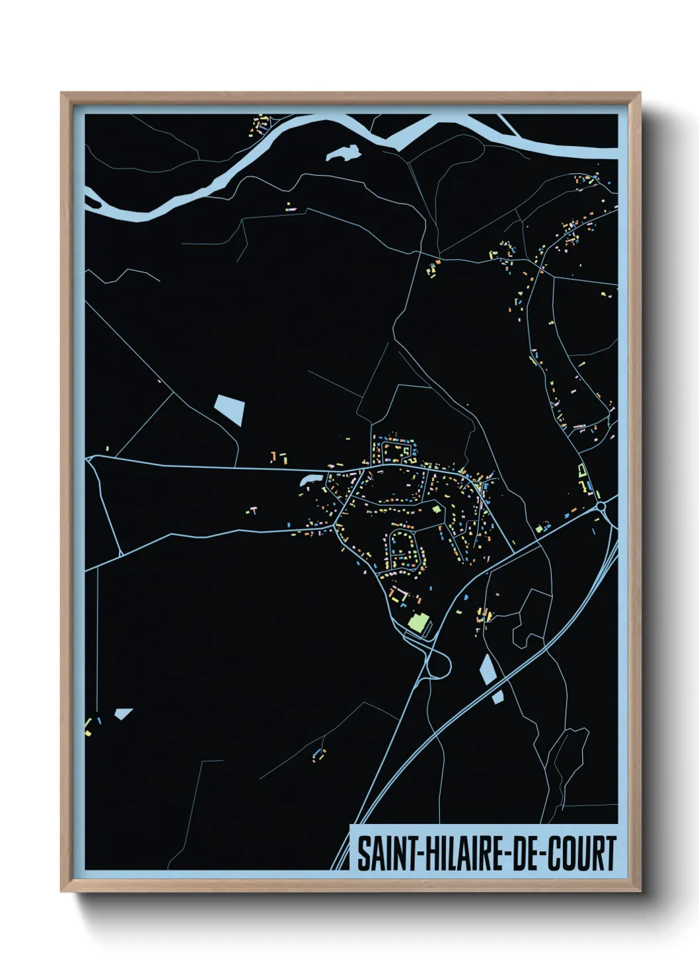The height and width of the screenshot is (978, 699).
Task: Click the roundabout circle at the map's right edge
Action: coord(601,507)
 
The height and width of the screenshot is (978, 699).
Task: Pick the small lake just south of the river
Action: coord(343,154)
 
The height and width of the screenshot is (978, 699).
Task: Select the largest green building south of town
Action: coord(418,622)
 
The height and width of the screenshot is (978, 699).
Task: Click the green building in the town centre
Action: coord(436,509)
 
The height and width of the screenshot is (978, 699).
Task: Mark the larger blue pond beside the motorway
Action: coord(488,669)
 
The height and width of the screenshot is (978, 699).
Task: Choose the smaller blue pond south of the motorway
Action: coord(497,696)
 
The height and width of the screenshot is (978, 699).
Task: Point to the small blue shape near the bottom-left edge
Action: coord(123,713)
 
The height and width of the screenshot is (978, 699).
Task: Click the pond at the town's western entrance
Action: coord(309,478)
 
